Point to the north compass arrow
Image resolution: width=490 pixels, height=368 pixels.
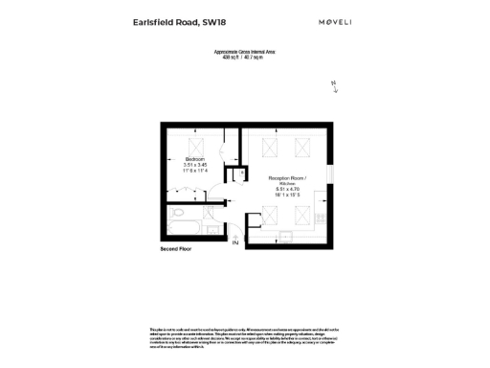point(334,86)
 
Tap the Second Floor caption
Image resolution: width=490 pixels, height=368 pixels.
point(177,249)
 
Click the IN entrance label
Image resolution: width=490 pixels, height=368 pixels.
point(234,242)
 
